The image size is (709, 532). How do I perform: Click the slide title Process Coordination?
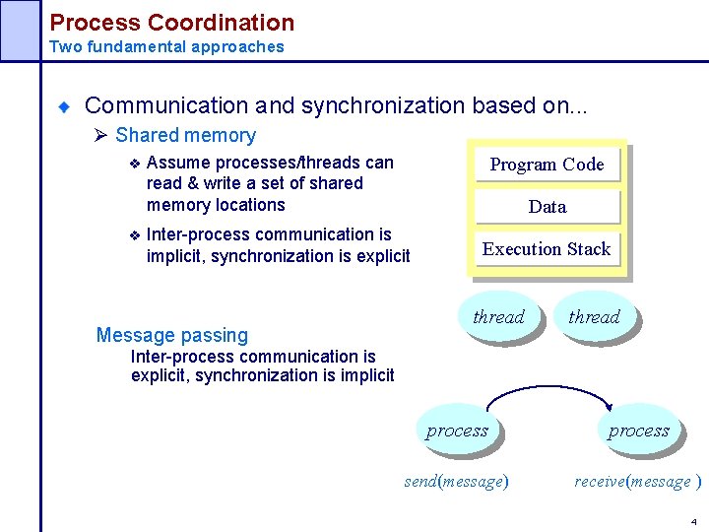(171, 23)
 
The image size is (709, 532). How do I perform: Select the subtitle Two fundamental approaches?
(166, 46)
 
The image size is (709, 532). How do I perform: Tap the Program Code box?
(547, 165)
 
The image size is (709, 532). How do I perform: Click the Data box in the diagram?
(547, 207)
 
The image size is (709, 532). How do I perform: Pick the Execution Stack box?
(547, 249)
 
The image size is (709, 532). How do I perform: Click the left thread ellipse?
(498, 316)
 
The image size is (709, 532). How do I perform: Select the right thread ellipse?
(594, 316)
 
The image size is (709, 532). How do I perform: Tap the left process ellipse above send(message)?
(457, 431)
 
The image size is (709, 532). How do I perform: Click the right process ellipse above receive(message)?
(638, 431)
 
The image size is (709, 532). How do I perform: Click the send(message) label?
(456, 481)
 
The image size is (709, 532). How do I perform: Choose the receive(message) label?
(637, 481)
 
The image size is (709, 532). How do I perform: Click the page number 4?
(693, 520)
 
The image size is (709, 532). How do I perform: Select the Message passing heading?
(172, 335)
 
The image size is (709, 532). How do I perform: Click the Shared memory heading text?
(185, 136)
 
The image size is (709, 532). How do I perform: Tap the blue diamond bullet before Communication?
(64, 106)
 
